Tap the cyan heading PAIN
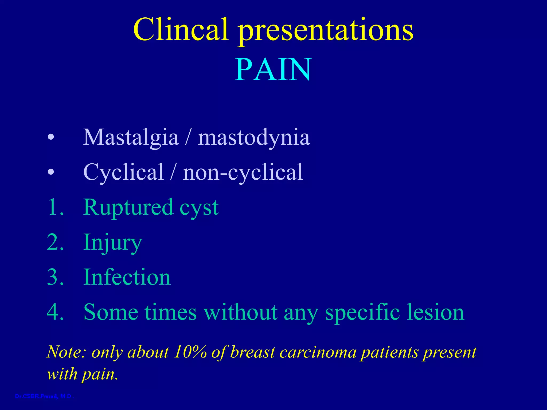pyautogui.click(x=273, y=70)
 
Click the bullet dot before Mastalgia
pyautogui.click(x=51, y=138)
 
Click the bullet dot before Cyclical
pyautogui.click(x=51, y=172)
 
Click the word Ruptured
pyautogui.click(x=128, y=208)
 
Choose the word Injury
pyautogui.click(x=112, y=243)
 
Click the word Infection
pyautogui.click(x=127, y=277)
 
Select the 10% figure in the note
pyautogui.click(x=190, y=352)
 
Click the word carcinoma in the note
pyautogui.click(x=318, y=352)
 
